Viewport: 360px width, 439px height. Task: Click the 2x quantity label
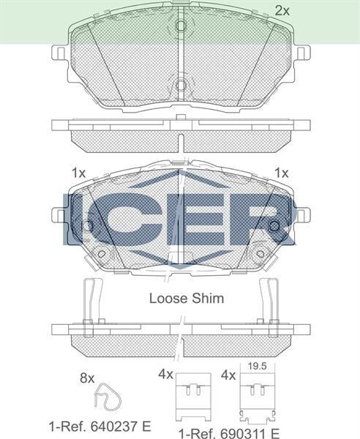282,11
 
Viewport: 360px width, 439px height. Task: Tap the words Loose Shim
187,299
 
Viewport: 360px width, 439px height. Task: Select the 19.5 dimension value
258,367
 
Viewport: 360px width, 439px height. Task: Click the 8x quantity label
87,378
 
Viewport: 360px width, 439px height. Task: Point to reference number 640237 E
100,427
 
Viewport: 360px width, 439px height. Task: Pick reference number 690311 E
229,433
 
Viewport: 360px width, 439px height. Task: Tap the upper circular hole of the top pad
181,26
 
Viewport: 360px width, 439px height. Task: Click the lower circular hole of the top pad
181,85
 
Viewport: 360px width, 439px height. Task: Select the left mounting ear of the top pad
59,53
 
